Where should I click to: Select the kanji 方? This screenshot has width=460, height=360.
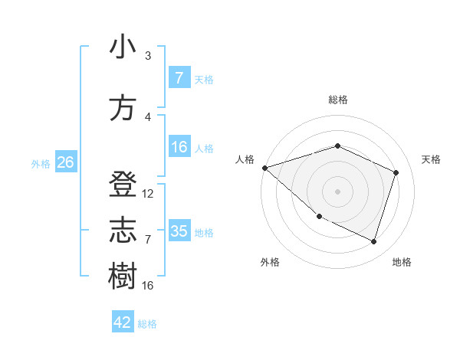[x=123, y=109]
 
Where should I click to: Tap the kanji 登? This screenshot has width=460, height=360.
[x=123, y=186]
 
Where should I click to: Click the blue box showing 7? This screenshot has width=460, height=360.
[x=179, y=78]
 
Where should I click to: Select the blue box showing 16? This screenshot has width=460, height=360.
[x=179, y=148]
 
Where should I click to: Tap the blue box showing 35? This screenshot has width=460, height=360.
[x=179, y=231]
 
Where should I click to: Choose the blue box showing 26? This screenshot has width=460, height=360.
[x=65, y=162]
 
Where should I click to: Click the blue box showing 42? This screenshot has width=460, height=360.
[x=123, y=322]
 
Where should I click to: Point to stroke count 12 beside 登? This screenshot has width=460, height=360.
[x=148, y=194]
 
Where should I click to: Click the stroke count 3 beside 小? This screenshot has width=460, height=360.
[x=148, y=56]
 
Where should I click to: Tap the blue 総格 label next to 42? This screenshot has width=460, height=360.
[x=147, y=324]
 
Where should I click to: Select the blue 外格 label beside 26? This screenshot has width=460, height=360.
[x=41, y=163]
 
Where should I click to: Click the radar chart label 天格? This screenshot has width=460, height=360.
[x=431, y=159]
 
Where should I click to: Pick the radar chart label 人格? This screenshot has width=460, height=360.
[x=245, y=159]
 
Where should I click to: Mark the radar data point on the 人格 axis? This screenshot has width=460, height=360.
[x=264, y=168]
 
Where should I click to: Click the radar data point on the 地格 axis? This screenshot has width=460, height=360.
[x=373, y=242]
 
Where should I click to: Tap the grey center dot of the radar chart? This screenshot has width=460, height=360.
[x=337, y=191]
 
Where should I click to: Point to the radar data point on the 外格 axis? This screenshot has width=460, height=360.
[x=319, y=217]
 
